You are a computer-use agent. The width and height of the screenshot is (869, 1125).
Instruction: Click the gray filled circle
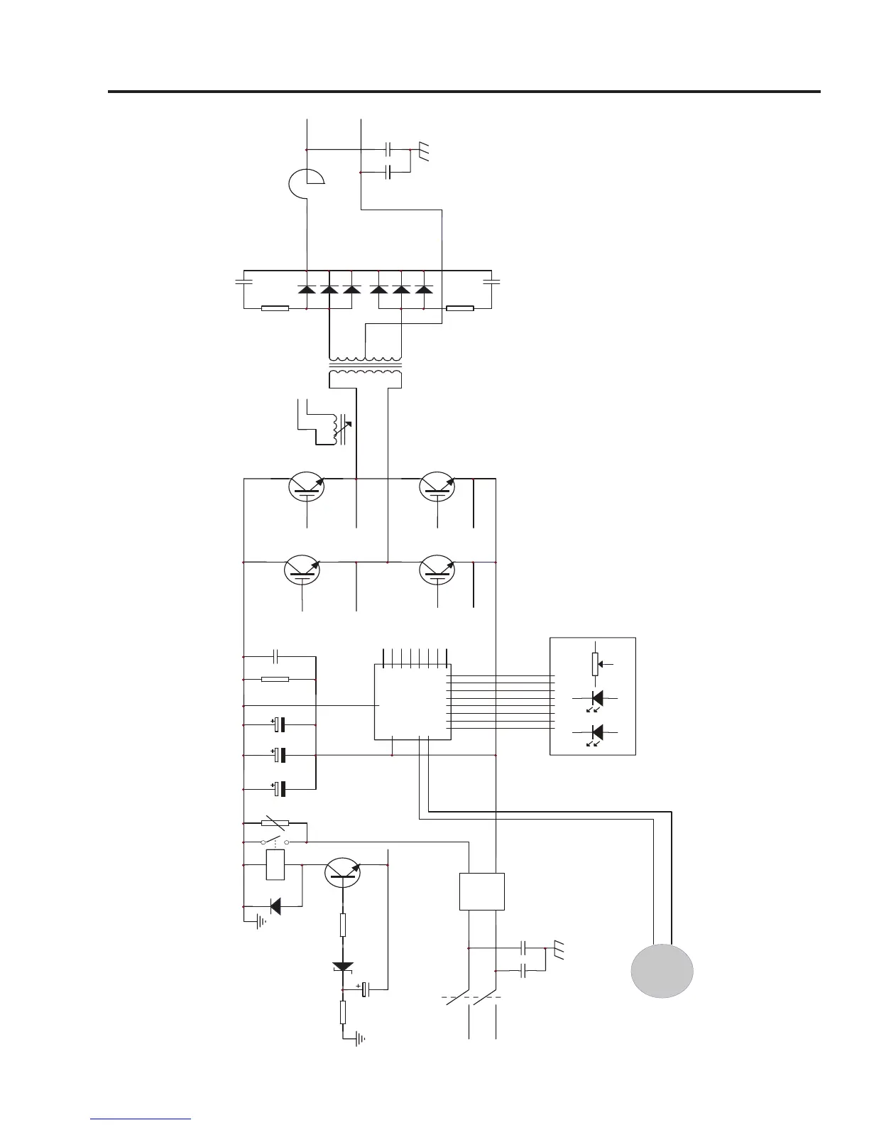662,970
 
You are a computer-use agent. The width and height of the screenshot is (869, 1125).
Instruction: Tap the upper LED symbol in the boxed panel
596,699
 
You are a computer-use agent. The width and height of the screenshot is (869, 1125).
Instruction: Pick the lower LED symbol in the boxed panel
596,732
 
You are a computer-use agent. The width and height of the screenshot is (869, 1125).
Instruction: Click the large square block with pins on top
412,702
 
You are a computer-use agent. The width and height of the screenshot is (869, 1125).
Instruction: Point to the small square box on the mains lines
482,891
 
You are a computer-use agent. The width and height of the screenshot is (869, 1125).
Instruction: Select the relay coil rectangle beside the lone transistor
275,865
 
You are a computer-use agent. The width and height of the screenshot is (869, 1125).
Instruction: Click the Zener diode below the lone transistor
343,967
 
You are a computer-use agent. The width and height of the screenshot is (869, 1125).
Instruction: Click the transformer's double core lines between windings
365,365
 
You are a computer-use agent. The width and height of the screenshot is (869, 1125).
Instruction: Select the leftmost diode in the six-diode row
306,290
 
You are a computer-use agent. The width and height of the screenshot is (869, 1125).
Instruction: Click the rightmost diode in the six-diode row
424,290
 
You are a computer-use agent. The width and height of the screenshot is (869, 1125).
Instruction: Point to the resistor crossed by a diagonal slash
275,824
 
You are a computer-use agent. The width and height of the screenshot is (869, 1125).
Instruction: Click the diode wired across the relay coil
274,906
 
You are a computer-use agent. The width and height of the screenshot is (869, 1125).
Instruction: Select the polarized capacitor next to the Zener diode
366,989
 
